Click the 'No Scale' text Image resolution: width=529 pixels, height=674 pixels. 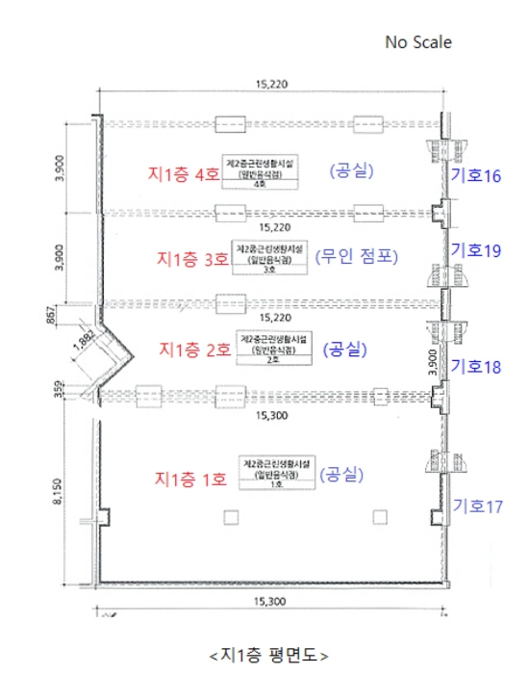click(x=417, y=42)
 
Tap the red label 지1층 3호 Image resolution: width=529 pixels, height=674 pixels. click(x=192, y=258)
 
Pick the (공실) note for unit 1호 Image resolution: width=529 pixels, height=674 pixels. click(x=340, y=474)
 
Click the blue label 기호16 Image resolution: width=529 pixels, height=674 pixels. click(x=477, y=175)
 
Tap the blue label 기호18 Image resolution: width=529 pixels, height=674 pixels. click(x=477, y=367)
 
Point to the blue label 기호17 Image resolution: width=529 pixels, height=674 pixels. click(x=477, y=505)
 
